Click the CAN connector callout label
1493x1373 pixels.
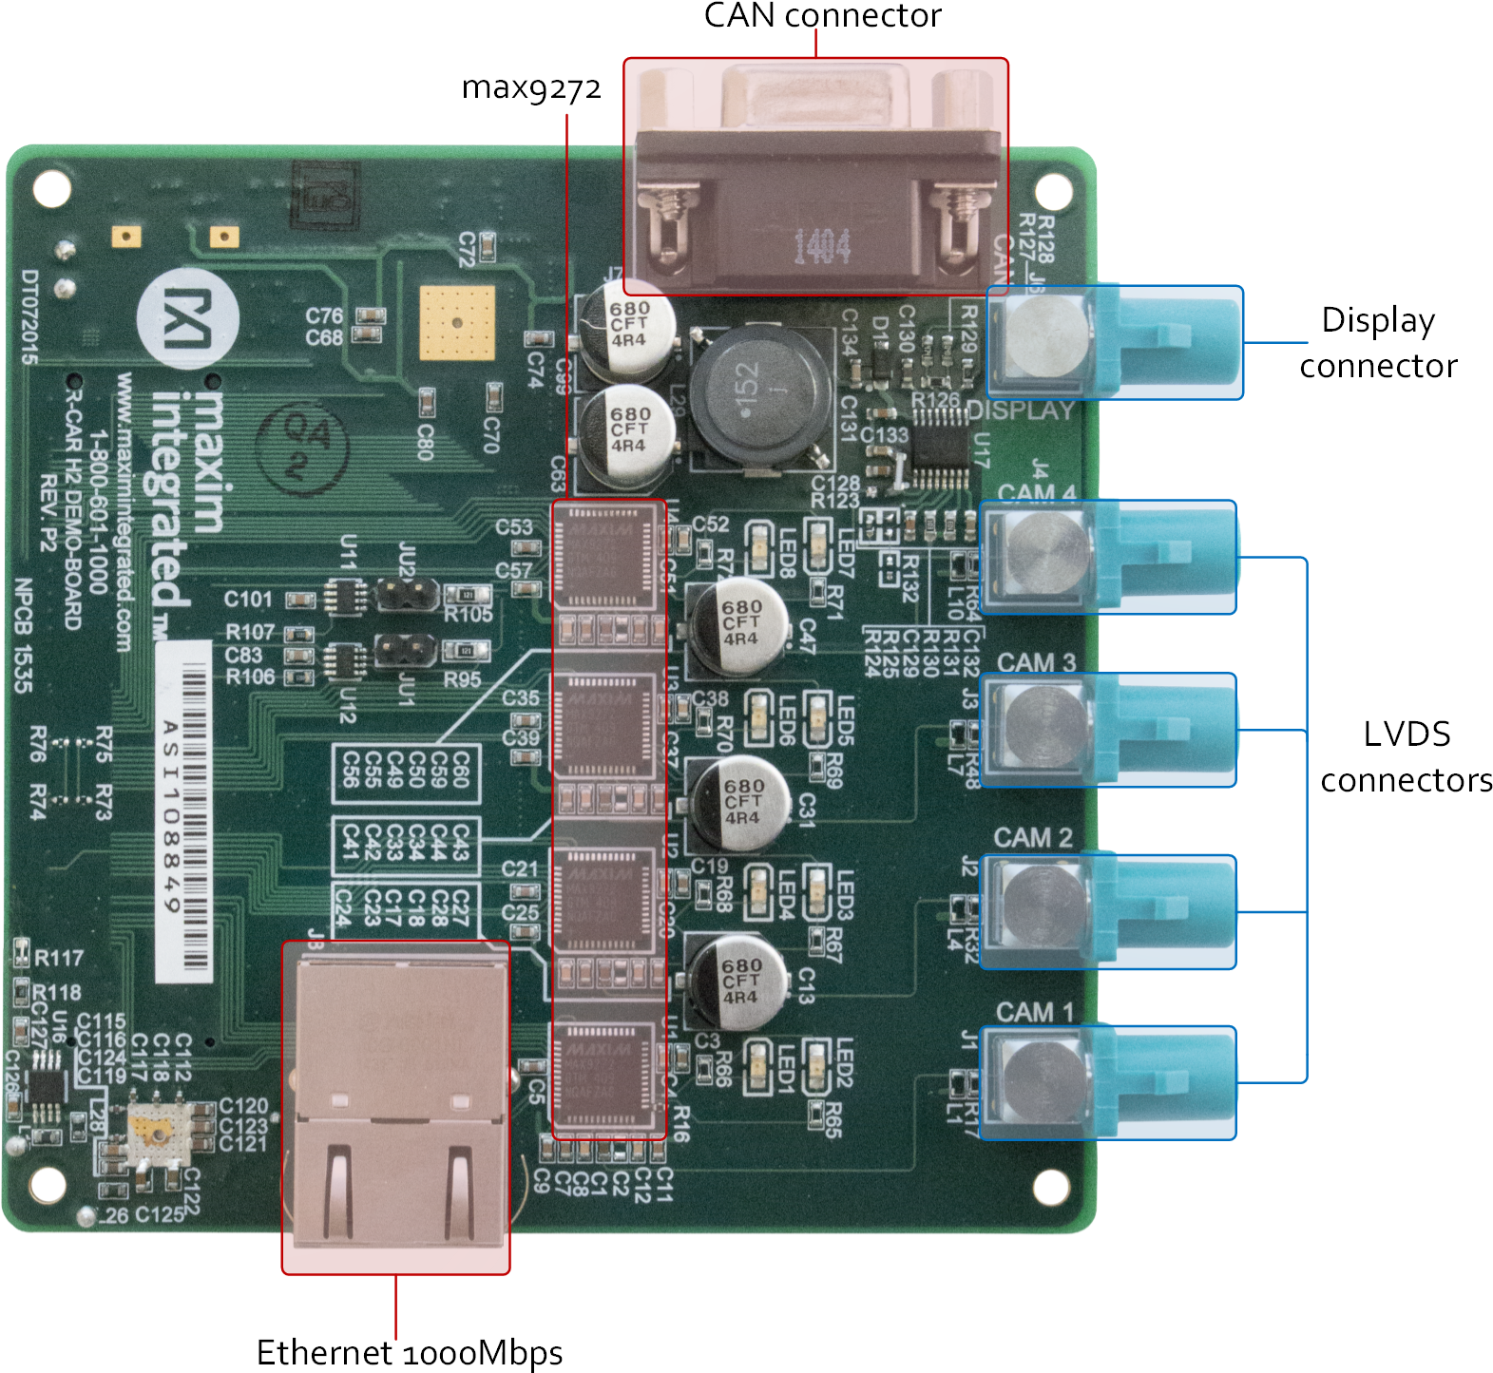tap(822, 15)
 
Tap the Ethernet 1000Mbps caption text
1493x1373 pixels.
tap(410, 1351)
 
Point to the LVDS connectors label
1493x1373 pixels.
tap(1406, 756)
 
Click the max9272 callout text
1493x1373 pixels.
tap(533, 89)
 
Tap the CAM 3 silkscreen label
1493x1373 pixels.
tap(1036, 662)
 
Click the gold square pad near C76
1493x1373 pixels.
tap(457, 321)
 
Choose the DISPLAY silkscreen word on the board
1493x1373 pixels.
tap(1021, 410)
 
